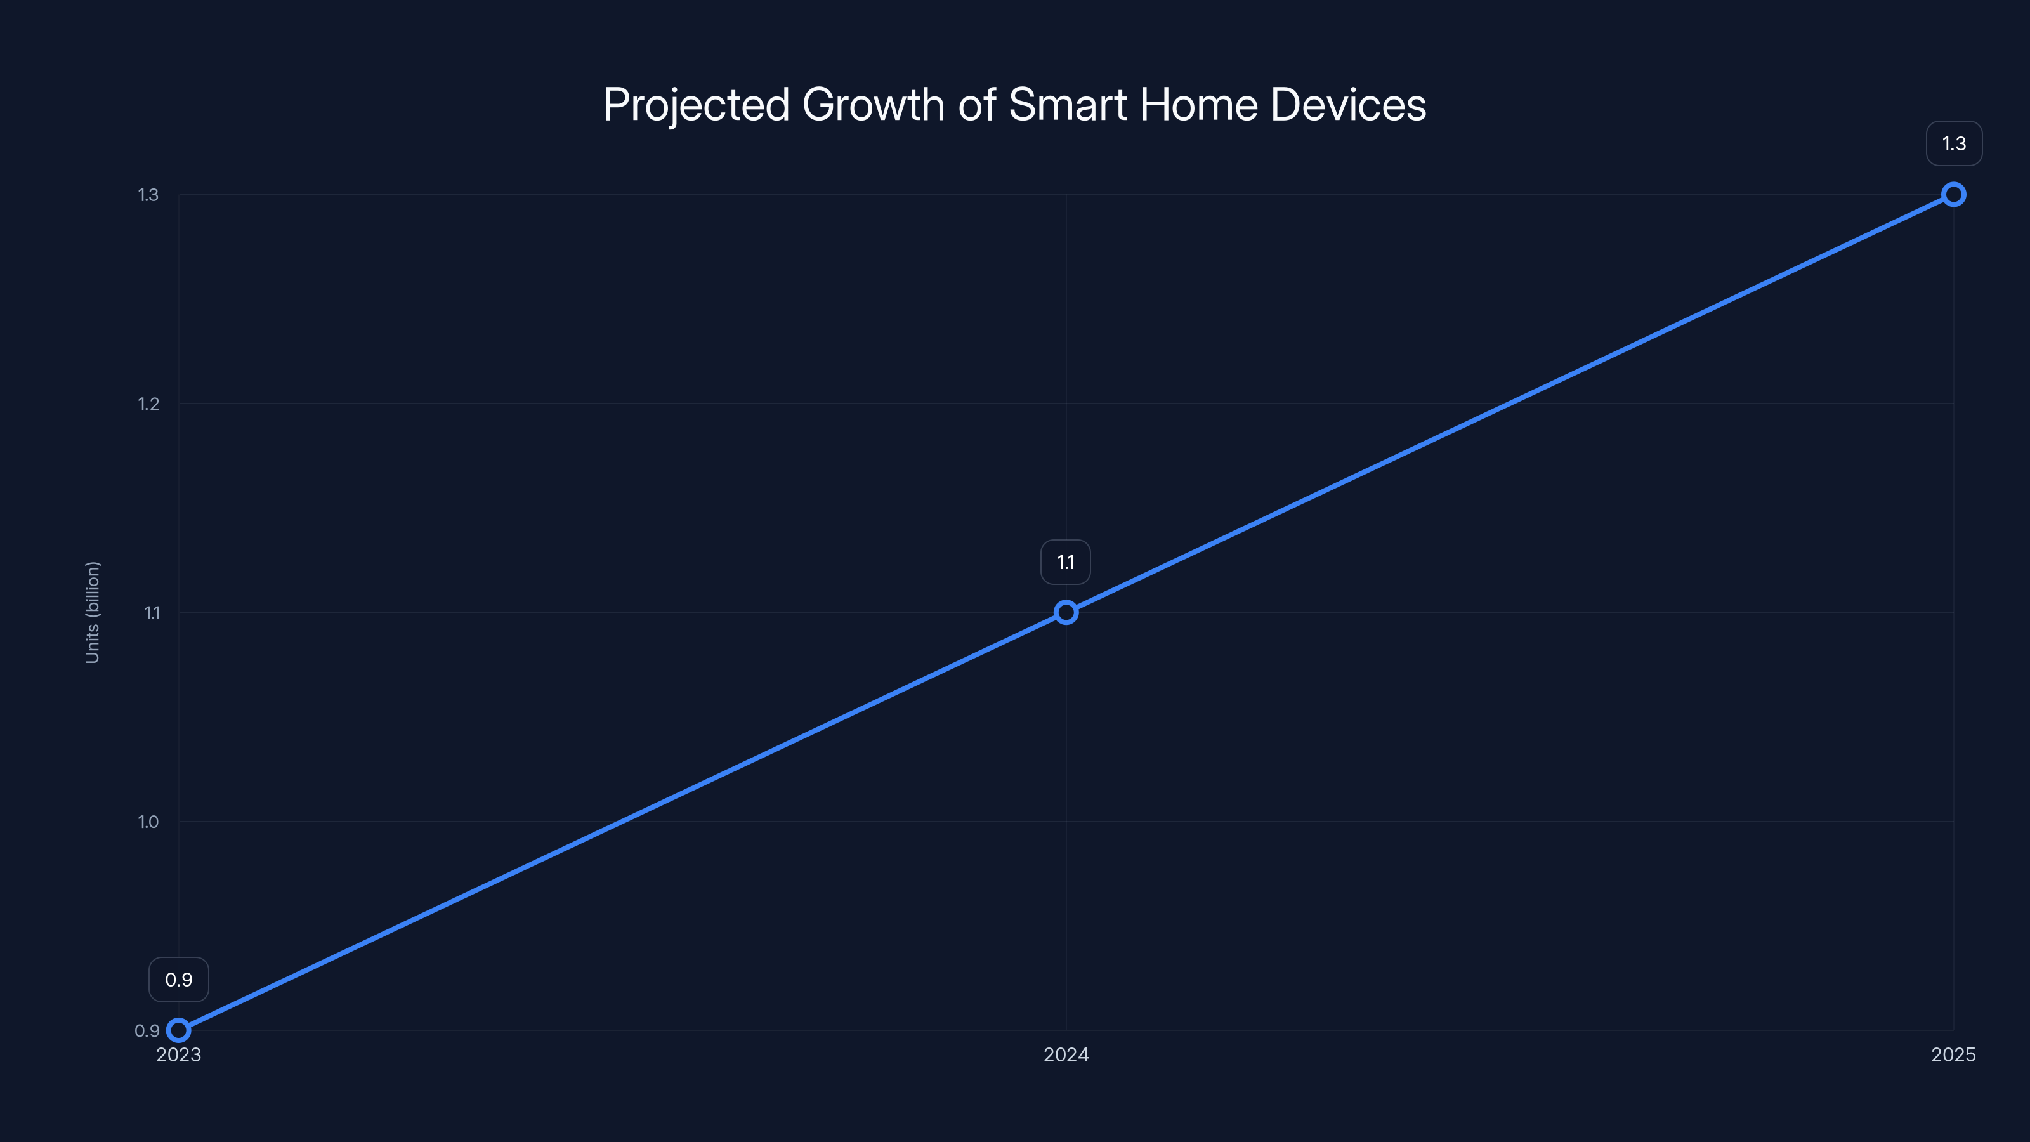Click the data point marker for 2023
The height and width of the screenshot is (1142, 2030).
click(x=179, y=1030)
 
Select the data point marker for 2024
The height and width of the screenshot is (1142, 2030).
click(x=1066, y=612)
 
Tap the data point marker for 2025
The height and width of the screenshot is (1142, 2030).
click(x=1953, y=195)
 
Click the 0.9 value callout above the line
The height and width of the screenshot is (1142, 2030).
click(x=179, y=980)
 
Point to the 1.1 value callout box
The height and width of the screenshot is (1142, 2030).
click(x=1066, y=563)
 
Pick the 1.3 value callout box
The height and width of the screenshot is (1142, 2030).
click(x=1954, y=143)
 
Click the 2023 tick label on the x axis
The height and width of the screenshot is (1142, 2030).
click(x=179, y=1055)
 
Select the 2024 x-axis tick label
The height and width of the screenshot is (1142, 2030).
click(x=1066, y=1055)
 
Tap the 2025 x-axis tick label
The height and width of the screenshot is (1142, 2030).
click(x=1953, y=1055)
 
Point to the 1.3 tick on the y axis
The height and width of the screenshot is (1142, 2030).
click(x=148, y=195)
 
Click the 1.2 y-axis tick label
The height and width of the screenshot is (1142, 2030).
click(x=148, y=404)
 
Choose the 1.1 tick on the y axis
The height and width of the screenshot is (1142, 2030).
click(x=152, y=613)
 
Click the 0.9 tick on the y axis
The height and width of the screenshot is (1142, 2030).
click(x=147, y=1031)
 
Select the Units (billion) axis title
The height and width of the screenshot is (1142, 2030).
click(x=92, y=612)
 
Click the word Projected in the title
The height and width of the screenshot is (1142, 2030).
click(x=696, y=105)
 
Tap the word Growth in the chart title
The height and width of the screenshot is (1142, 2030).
click(x=872, y=105)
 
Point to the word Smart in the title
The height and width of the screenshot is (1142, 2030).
click(x=1068, y=105)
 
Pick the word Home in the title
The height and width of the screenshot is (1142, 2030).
click(x=1198, y=105)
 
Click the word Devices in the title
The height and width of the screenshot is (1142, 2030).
click(x=1348, y=105)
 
